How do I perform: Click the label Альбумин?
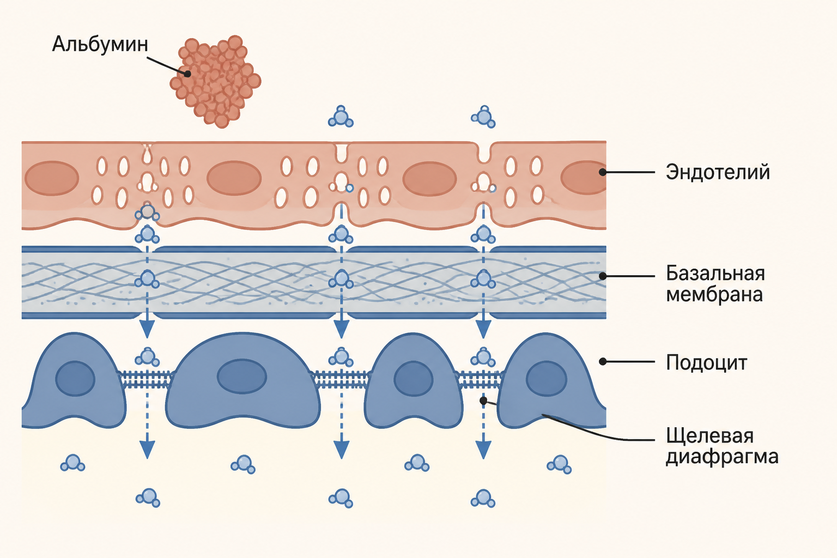[x=100, y=45]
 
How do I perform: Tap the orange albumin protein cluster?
[x=216, y=82]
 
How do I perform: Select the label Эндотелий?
[x=718, y=172]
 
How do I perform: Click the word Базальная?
[x=715, y=273]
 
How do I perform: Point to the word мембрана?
[x=714, y=294]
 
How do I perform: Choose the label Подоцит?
[x=706, y=362]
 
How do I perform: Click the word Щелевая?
[x=709, y=436]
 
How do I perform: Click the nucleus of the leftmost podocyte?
[x=75, y=379]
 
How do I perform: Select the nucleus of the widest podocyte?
[x=242, y=377]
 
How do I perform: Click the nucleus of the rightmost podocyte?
[x=547, y=379]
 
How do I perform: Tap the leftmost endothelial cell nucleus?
[x=52, y=178]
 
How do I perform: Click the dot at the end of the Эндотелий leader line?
[x=602, y=172]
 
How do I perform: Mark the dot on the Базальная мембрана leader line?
[x=602, y=276]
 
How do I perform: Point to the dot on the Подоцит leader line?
[x=602, y=361]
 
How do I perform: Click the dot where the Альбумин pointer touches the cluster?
[x=187, y=74]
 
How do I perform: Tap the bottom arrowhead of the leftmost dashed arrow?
[x=147, y=449]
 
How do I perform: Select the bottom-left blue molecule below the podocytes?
[x=148, y=498]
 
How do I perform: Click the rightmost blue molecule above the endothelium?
[x=483, y=117]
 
